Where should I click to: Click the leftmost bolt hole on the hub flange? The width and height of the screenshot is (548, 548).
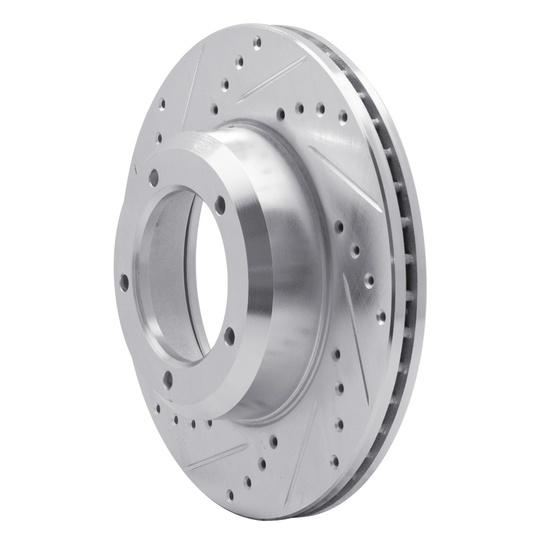(x=125, y=282)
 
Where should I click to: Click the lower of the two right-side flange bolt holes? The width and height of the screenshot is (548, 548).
(x=228, y=334)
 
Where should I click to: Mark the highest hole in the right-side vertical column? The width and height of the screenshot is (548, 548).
(x=337, y=353)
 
